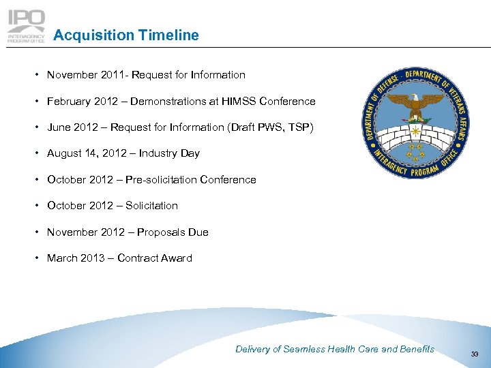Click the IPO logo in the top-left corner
(x=27, y=26)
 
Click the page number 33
(x=475, y=353)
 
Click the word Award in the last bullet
(x=176, y=258)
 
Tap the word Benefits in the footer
(x=417, y=349)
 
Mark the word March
(x=62, y=258)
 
